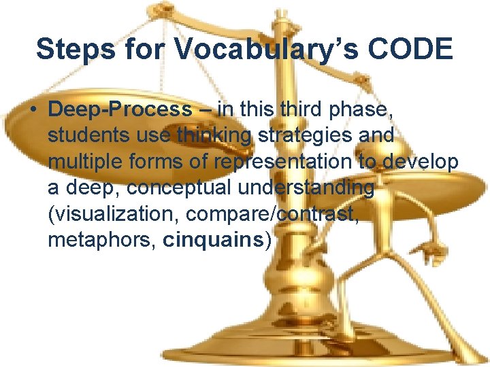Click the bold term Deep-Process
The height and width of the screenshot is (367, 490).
point(120,109)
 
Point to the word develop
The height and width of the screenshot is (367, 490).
point(421,161)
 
